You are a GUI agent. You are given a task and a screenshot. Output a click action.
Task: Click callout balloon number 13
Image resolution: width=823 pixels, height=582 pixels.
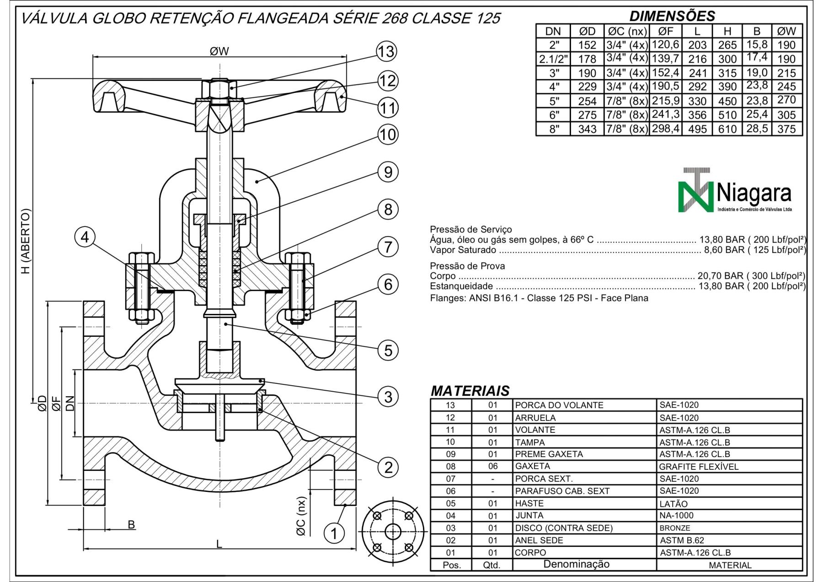[x=386, y=52]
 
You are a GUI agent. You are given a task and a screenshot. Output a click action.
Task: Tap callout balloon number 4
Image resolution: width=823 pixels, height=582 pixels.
[x=85, y=238]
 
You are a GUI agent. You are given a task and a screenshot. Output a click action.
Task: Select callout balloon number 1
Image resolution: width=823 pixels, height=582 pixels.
[x=334, y=533]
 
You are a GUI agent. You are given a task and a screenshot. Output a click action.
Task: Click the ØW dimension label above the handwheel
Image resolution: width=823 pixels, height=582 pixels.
[x=219, y=51]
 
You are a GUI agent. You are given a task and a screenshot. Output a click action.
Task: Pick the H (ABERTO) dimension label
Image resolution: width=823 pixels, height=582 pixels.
[x=26, y=241]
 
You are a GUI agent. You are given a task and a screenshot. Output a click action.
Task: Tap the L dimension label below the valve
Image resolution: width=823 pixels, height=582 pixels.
[x=219, y=544]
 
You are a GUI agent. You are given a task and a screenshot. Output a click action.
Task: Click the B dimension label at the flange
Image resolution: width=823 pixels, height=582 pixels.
[x=131, y=524]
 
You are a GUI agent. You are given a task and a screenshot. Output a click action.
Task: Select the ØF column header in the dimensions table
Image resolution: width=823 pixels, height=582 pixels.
[x=665, y=31]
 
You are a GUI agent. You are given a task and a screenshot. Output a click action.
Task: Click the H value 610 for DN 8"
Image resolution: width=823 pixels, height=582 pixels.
[x=727, y=129]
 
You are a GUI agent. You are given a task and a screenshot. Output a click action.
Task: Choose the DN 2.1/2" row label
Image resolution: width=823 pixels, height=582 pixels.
[x=553, y=59]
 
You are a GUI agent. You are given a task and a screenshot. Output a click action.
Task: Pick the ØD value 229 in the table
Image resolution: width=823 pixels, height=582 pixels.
[x=587, y=86]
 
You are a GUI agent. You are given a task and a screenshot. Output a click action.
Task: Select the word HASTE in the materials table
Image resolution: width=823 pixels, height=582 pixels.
[x=529, y=503]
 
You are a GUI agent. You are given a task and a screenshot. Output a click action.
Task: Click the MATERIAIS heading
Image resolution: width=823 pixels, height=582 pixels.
[x=470, y=391]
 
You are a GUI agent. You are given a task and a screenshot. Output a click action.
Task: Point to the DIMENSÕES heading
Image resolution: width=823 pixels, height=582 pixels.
[x=672, y=16]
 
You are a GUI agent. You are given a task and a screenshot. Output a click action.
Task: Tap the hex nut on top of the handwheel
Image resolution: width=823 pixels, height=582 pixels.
[x=220, y=88]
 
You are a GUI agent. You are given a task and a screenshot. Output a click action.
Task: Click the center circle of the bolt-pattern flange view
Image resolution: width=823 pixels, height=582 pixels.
[x=393, y=532]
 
